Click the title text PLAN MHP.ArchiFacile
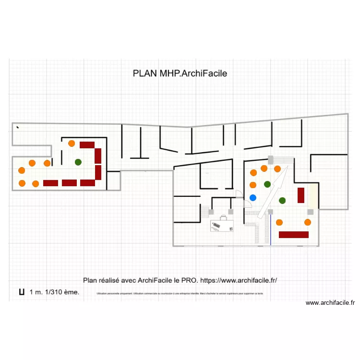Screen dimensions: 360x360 (180, 73)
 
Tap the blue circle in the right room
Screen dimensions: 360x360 (253, 197)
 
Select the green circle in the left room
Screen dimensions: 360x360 (78, 162)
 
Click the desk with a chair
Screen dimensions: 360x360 (222, 224)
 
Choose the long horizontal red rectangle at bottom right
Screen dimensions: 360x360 (293, 235)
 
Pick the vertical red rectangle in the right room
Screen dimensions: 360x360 (301, 195)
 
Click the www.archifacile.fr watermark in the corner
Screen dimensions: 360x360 (330, 303)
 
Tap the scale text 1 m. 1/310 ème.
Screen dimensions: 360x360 (54, 292)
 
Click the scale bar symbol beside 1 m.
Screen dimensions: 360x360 (22, 291)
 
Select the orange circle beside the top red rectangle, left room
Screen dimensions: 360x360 (72, 143)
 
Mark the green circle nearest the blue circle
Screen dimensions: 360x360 (267, 184)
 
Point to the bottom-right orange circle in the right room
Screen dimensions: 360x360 (308, 222)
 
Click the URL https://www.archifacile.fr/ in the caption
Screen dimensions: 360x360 (239, 280)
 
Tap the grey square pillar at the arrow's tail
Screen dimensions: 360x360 (270, 212)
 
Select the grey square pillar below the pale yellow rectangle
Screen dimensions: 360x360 (311, 212)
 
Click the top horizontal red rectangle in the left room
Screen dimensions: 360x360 (87, 144)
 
